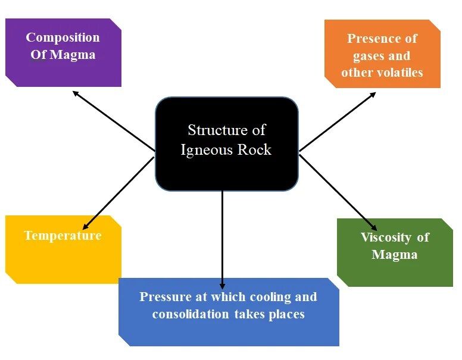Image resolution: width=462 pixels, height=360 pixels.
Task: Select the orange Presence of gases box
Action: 382,55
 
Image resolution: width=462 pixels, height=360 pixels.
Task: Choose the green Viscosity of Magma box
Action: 395,253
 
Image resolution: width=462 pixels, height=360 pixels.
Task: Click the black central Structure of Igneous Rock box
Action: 226,144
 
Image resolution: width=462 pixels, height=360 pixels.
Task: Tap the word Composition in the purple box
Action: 63,37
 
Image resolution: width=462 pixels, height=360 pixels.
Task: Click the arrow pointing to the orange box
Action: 338,121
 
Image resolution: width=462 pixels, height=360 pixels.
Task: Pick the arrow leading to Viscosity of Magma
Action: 338,192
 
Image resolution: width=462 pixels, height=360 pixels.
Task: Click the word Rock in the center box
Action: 255,150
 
